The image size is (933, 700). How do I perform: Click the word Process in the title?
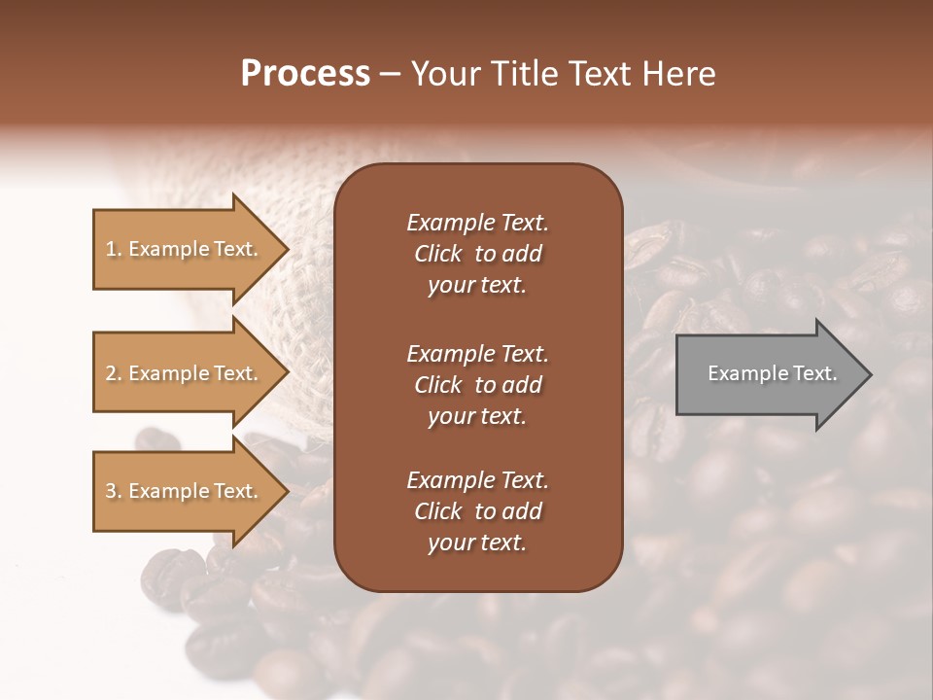(x=305, y=74)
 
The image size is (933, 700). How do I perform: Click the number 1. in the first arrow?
(x=114, y=250)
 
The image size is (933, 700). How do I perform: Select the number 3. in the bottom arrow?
(x=114, y=492)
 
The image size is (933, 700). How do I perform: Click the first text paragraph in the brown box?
(x=477, y=254)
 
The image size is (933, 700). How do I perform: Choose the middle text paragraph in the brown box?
(x=477, y=385)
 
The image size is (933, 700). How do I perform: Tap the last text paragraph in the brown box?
(x=477, y=511)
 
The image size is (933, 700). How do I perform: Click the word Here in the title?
(x=681, y=74)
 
